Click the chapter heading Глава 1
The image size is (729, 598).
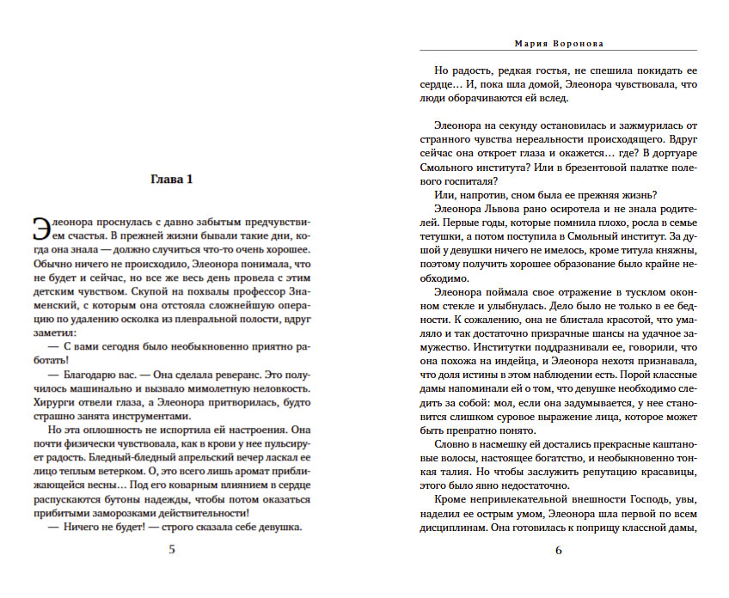point(172,180)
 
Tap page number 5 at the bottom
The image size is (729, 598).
point(172,550)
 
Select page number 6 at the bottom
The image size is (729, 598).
point(558,550)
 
